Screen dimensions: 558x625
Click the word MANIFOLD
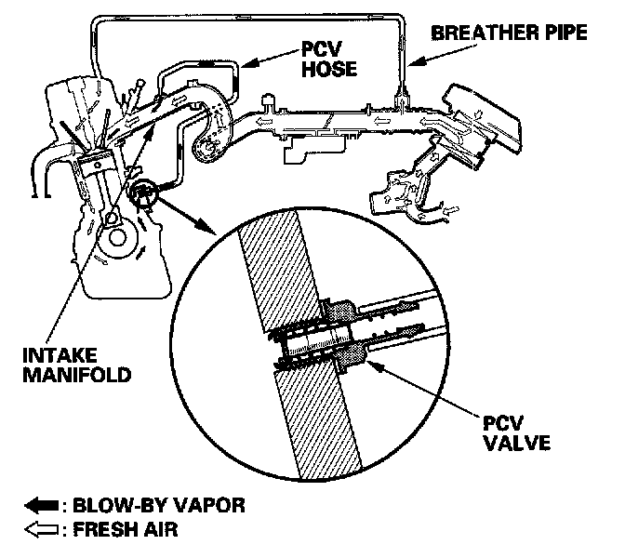pyautogui.click(x=62, y=377)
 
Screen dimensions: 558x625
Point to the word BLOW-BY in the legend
pyautogui.click(x=113, y=506)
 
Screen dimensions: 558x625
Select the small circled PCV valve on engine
pyautogui.click(x=146, y=194)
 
